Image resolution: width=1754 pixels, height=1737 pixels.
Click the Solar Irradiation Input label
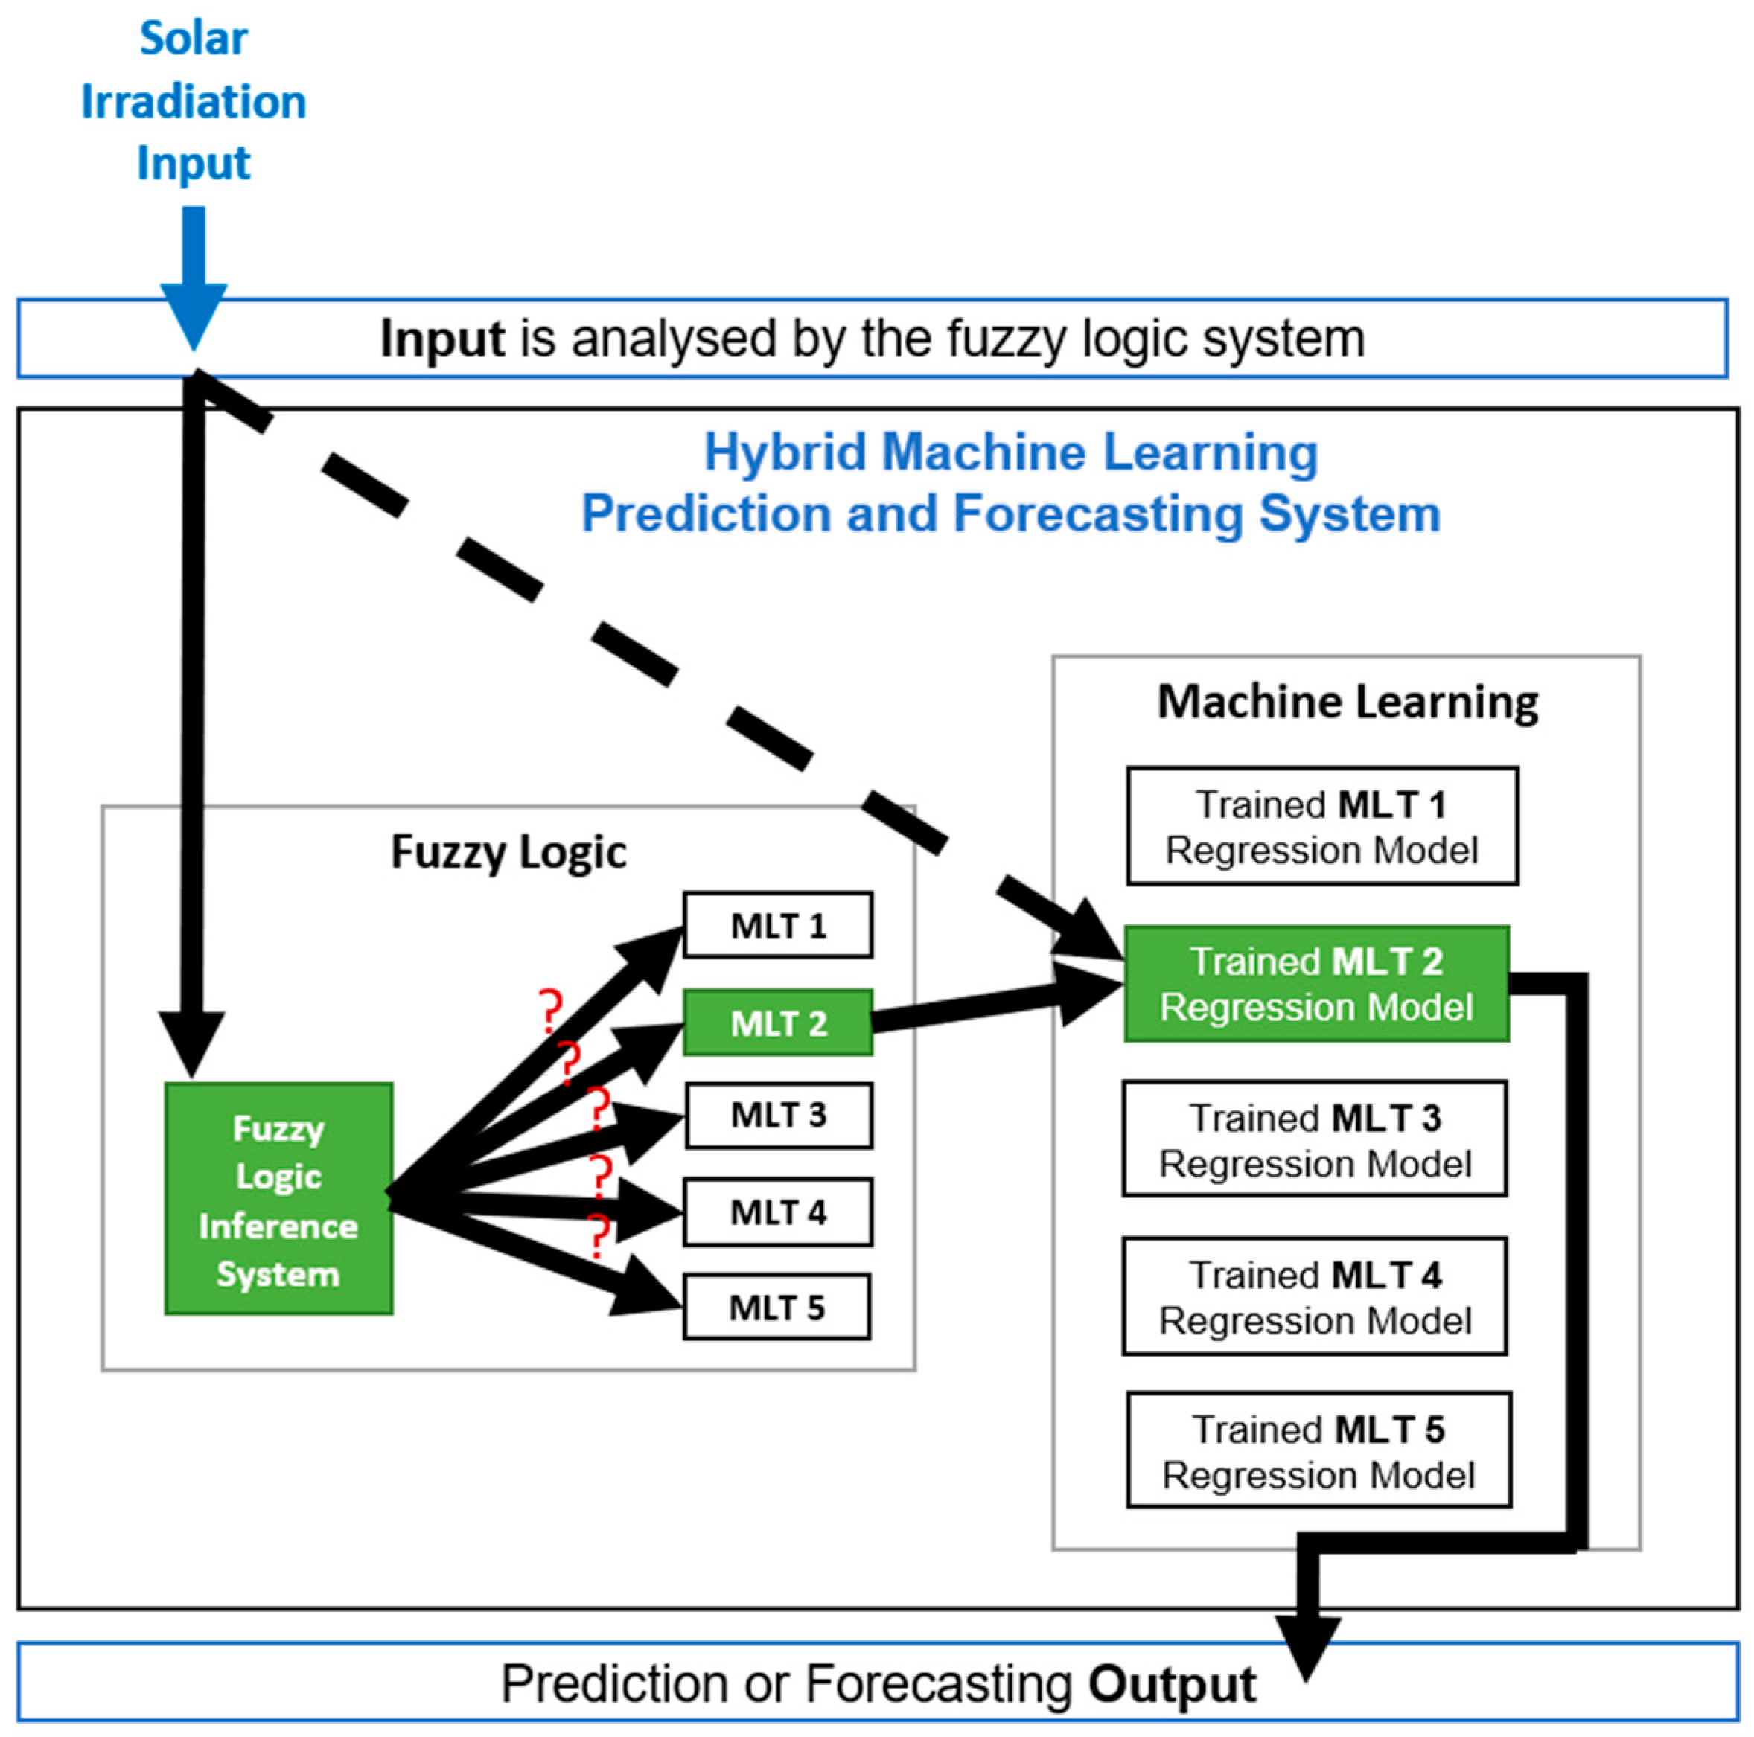pos(194,100)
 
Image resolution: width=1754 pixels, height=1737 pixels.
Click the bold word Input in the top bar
pos(442,339)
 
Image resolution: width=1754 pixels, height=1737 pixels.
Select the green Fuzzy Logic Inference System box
pos(278,1198)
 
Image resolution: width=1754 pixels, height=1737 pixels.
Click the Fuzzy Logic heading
pos(508,852)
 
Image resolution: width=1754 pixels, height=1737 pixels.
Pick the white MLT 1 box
pos(778,925)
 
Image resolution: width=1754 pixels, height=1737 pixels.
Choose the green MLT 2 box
pos(778,1023)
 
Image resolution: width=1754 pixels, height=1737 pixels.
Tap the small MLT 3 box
pos(778,1114)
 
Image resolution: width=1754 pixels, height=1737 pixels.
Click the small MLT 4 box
pos(778,1212)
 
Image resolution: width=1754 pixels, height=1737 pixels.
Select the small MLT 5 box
pos(776,1307)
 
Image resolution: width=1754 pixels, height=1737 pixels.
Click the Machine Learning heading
pos(1348,703)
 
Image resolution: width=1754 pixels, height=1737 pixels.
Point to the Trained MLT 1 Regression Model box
pos(1322,826)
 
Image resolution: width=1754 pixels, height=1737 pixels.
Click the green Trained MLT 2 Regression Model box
pos(1316,984)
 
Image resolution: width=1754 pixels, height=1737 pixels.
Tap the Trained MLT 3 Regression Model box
pos(1315,1139)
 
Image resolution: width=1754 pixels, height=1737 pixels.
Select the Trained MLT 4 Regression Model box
pos(1315,1296)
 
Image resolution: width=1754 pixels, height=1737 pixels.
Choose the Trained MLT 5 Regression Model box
pos(1318,1451)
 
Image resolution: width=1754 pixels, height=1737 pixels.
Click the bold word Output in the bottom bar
pos(1172,1684)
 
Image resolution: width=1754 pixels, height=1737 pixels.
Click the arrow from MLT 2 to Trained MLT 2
pos(989,1005)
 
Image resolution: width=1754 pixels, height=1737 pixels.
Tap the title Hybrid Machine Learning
pos(1010,452)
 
